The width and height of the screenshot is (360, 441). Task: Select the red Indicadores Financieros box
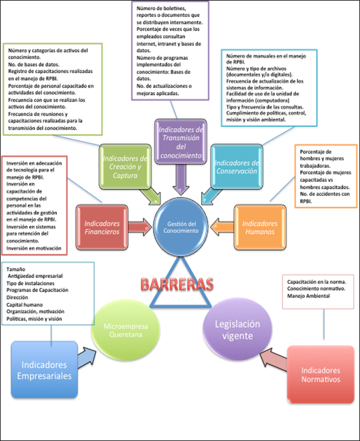103,227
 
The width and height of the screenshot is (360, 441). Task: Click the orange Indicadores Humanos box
259,227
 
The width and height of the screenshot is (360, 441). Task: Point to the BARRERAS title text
181,284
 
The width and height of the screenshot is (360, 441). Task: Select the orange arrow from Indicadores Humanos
221,228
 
